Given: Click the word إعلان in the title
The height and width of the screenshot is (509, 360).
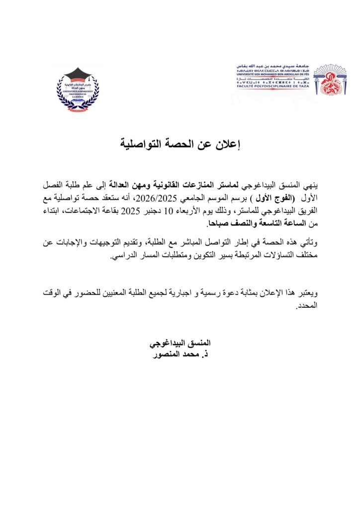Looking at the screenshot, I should pyautogui.click(x=228, y=145).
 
